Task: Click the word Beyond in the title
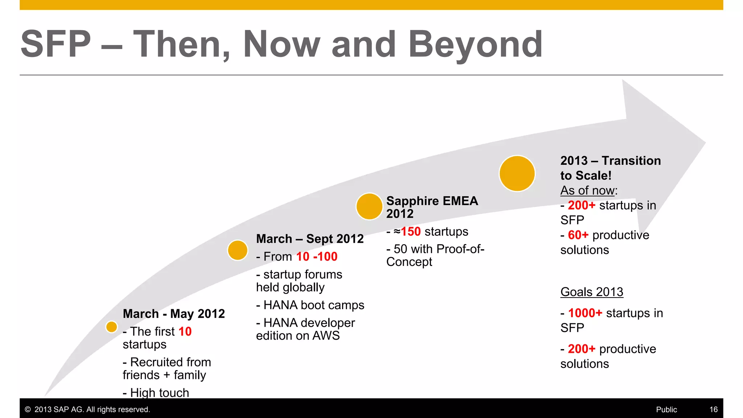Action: (x=475, y=44)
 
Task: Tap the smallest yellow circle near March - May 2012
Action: (x=111, y=327)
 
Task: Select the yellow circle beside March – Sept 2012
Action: (x=238, y=250)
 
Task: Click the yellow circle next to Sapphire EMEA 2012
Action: (x=369, y=206)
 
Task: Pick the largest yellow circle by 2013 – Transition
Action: (x=517, y=173)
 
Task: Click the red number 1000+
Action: (x=585, y=313)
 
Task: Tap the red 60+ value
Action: (x=578, y=235)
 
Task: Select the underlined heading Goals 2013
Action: (x=592, y=292)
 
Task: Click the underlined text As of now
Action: (x=588, y=190)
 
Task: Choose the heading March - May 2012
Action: (x=174, y=313)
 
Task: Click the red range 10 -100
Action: (x=317, y=257)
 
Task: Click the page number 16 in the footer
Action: (x=713, y=409)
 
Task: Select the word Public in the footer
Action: (x=666, y=409)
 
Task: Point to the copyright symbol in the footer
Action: (x=28, y=409)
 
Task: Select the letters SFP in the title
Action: (x=56, y=44)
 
